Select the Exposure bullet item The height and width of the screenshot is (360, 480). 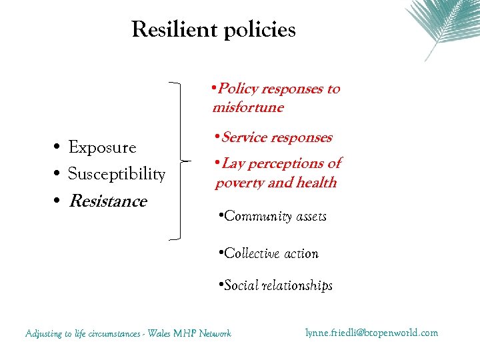point(102,147)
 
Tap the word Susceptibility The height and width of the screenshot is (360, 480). point(117,174)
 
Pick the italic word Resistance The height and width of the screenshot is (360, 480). point(107,201)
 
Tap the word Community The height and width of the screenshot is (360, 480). point(256,217)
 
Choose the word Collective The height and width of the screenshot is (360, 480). point(251,253)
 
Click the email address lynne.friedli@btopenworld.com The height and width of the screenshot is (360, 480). point(372,332)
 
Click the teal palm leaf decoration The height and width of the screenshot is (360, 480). point(440,23)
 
